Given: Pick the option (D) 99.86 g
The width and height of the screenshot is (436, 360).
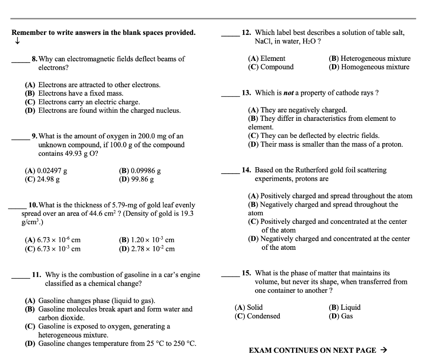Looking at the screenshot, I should pos(136,179).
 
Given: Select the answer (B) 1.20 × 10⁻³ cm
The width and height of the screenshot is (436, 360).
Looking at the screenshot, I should pos(146,240).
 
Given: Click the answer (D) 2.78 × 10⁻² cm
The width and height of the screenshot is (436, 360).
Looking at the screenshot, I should pos(146,249).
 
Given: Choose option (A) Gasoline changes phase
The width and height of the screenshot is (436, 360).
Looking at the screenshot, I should pos(90,300).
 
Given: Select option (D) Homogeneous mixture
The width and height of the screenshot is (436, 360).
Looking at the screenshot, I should pos(369,67).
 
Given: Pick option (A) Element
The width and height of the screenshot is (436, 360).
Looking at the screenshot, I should pos(267,58).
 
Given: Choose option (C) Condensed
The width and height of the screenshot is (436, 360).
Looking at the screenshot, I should pos(257,316).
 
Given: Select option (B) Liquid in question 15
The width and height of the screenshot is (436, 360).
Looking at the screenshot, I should pos(344,307).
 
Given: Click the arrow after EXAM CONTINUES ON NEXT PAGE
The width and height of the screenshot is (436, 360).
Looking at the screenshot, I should pos(383,350).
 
